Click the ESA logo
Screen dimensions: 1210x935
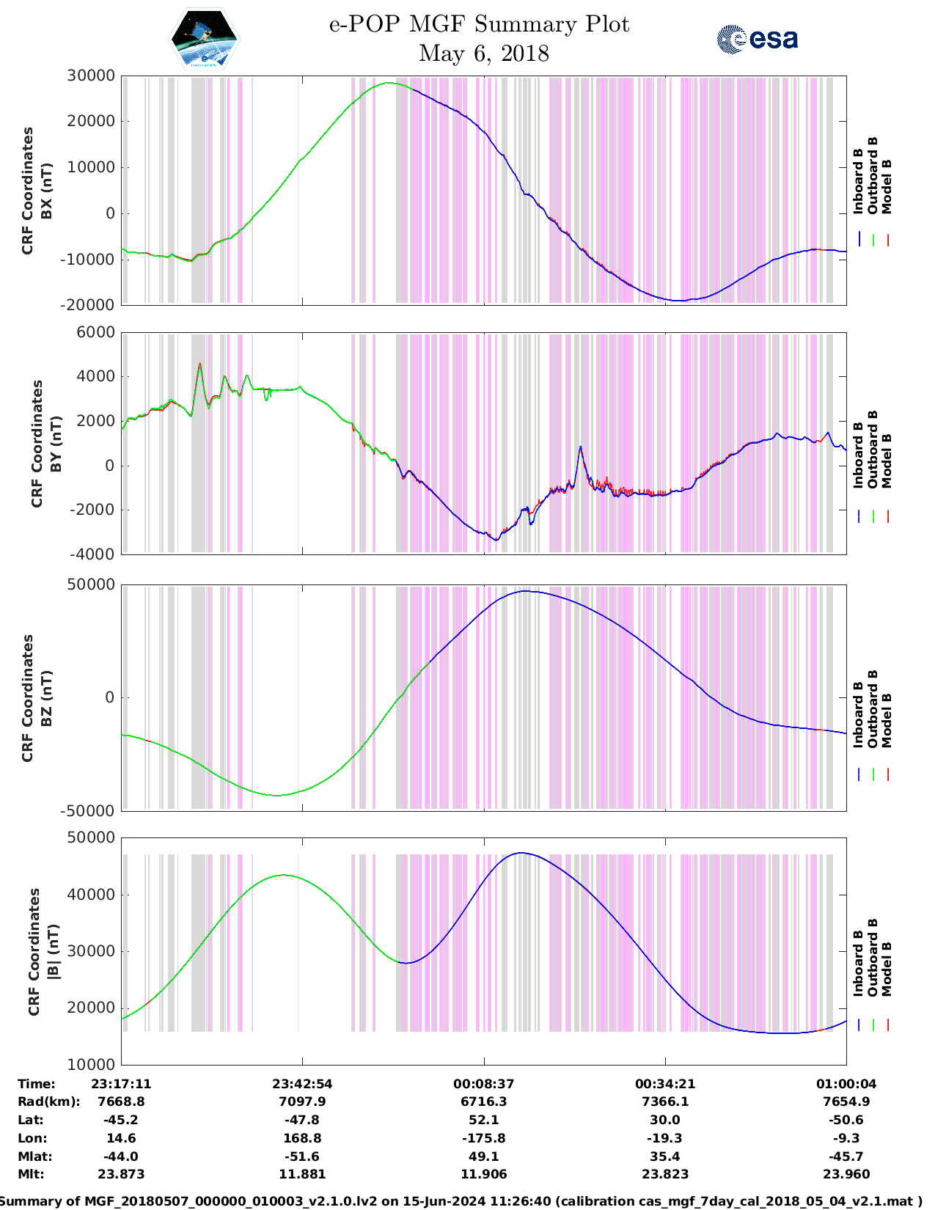[757, 39]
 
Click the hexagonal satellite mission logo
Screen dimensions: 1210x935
[204, 40]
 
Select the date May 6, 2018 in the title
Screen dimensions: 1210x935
[483, 54]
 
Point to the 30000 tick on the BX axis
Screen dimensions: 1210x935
[90, 76]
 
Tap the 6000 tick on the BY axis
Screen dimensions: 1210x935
[96, 332]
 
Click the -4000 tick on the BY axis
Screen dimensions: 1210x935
[92, 554]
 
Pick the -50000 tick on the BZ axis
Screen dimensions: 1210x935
[89, 810]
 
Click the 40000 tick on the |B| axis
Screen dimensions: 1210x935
[90, 895]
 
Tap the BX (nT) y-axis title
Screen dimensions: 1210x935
[46, 191]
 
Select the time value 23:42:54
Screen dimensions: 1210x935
[302, 1084]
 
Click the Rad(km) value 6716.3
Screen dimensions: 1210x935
[483, 1101]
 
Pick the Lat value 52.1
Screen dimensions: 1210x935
[483, 1120]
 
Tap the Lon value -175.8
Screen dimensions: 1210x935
[483, 1138]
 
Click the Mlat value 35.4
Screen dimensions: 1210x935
[665, 1156]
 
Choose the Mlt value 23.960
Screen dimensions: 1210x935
[846, 1174]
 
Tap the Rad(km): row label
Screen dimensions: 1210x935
[49, 1101]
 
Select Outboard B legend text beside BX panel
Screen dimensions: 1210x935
[873, 175]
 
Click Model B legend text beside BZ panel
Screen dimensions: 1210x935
[887, 720]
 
